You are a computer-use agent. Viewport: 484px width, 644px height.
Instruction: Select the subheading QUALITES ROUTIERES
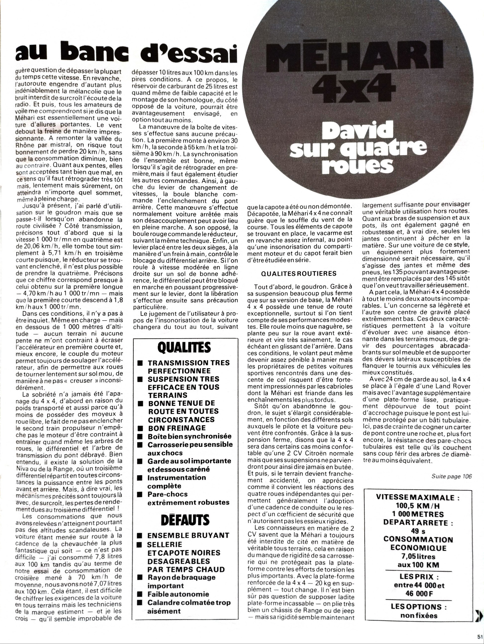(298, 273)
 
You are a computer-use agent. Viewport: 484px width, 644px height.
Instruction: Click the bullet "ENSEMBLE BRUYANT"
(188, 535)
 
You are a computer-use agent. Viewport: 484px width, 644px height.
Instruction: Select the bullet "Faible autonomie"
(178, 594)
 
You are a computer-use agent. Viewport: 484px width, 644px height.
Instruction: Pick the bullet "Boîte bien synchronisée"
(189, 436)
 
